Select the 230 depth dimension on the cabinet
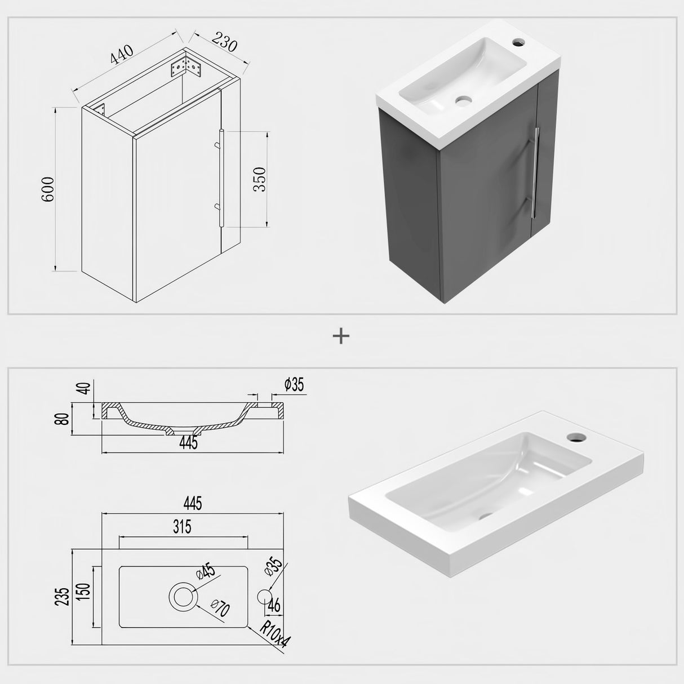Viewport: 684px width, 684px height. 224,42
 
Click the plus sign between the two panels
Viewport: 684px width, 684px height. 341,336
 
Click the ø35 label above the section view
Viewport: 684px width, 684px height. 294,385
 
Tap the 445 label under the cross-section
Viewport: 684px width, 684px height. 188,443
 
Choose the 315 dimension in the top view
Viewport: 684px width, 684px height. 183,527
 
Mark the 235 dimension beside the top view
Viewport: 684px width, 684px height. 64,596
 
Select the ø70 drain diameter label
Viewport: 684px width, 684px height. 221,609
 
